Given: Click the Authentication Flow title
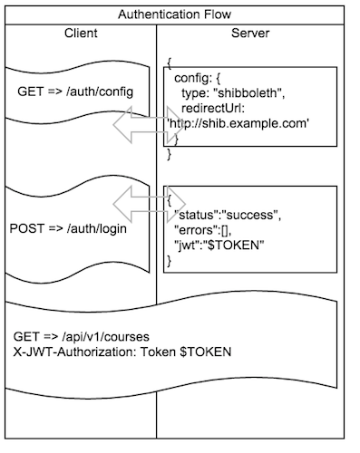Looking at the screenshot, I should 180,14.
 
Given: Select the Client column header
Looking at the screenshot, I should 81,34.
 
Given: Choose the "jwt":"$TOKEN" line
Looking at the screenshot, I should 214,246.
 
